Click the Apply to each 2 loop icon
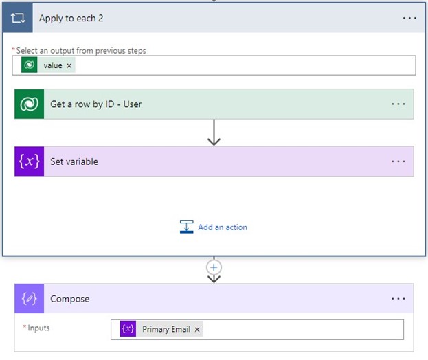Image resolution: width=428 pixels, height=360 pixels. [17, 18]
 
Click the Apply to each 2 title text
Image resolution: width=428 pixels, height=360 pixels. [71, 18]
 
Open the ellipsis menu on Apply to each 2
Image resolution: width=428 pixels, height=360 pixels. [409, 18]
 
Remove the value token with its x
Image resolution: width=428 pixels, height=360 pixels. [69, 65]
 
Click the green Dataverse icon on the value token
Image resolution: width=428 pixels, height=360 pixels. [30, 65]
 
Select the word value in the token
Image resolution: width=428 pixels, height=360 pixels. [53, 65]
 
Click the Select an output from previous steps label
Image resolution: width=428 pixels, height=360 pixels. [81, 50]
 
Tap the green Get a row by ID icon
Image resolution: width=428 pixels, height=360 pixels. [30, 104]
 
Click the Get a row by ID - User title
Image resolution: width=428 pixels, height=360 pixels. [95, 104]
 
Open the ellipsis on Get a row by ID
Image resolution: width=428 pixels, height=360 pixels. [398, 104]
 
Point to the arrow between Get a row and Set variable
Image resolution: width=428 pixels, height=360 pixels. [214, 133]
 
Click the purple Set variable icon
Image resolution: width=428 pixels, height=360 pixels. [30, 161]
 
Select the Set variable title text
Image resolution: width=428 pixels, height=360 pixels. [74, 161]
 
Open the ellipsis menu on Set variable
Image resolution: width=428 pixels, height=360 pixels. [398, 161]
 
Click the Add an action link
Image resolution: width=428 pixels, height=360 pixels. [222, 227]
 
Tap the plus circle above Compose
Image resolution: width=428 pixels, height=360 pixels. [214, 267]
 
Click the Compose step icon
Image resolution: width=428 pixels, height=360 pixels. [30, 299]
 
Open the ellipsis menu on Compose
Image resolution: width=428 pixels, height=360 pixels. [398, 299]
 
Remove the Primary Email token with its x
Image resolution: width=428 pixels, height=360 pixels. [197, 330]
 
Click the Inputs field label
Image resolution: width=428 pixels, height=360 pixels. [38, 328]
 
